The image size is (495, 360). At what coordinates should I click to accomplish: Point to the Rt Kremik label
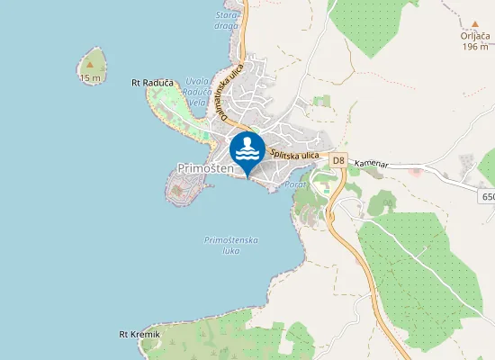[139, 335]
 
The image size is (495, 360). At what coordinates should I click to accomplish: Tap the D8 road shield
[337, 160]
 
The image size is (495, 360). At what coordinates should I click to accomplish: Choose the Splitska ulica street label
[294, 155]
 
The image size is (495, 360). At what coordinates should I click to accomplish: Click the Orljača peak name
[474, 37]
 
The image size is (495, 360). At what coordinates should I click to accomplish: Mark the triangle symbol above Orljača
[474, 24]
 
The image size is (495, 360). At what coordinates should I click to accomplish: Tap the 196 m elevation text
[474, 47]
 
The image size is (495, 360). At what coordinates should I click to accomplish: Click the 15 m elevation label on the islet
[90, 78]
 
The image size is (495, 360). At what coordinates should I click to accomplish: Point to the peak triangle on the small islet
[90, 64]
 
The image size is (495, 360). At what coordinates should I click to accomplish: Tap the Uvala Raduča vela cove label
[196, 92]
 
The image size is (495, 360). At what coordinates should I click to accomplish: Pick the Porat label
[295, 184]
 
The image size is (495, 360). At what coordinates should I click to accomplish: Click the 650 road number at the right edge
[487, 196]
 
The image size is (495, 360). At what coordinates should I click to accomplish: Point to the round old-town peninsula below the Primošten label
[185, 189]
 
